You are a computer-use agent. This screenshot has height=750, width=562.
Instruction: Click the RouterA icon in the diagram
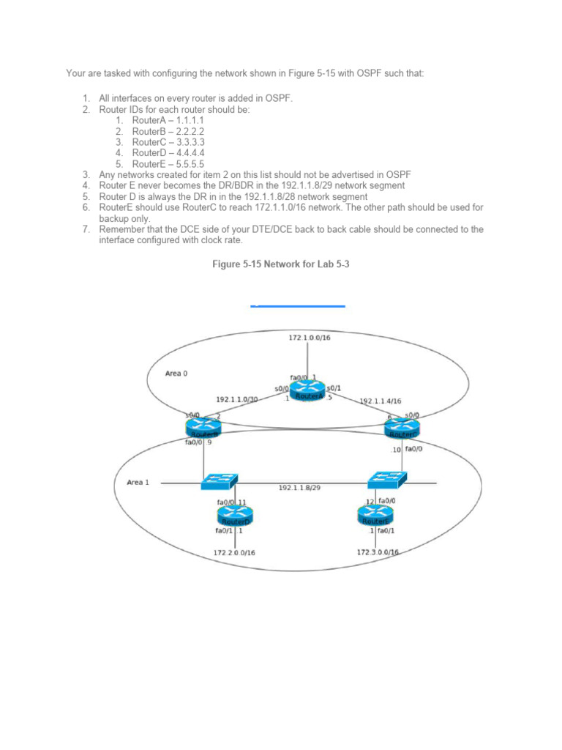(308, 391)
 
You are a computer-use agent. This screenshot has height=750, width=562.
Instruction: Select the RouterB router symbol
(204, 426)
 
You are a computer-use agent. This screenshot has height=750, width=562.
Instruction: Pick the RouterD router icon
(235, 516)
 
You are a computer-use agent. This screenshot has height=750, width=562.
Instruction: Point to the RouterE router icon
(375, 516)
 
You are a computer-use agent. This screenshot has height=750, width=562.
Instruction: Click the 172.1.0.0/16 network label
(309, 338)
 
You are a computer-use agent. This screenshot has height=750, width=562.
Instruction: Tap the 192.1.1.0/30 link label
(237, 399)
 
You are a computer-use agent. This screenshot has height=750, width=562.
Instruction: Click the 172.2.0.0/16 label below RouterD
(234, 553)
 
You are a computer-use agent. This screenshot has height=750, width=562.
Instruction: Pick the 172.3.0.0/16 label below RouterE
(378, 552)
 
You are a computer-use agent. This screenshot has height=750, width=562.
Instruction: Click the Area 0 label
(176, 373)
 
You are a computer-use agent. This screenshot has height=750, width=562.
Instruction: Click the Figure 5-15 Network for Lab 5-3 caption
(281, 264)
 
